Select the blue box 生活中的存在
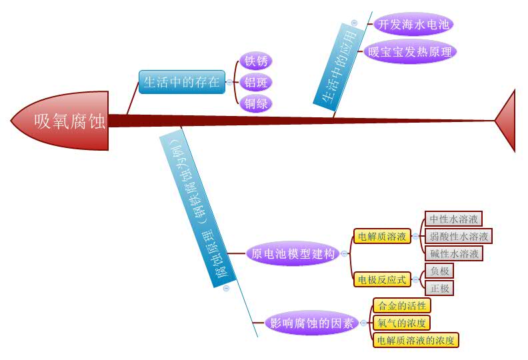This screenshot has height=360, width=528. coord(181,82)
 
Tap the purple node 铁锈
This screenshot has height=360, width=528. coord(256,62)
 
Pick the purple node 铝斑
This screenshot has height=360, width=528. coord(256,83)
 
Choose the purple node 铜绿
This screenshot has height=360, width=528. coord(256,103)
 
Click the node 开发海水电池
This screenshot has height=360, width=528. coord(413,25)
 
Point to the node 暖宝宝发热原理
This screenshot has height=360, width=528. coord(410,51)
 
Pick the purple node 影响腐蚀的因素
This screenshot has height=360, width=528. coord(311,323)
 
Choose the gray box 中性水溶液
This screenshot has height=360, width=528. coord(453,219)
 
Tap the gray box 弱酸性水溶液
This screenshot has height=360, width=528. coord(459,236)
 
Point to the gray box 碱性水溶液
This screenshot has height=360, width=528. coord(453,253)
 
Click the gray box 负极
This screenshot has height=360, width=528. coord(439,271)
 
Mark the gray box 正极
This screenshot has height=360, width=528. coord(439,288)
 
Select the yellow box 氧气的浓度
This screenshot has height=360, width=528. coord(401,323)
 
